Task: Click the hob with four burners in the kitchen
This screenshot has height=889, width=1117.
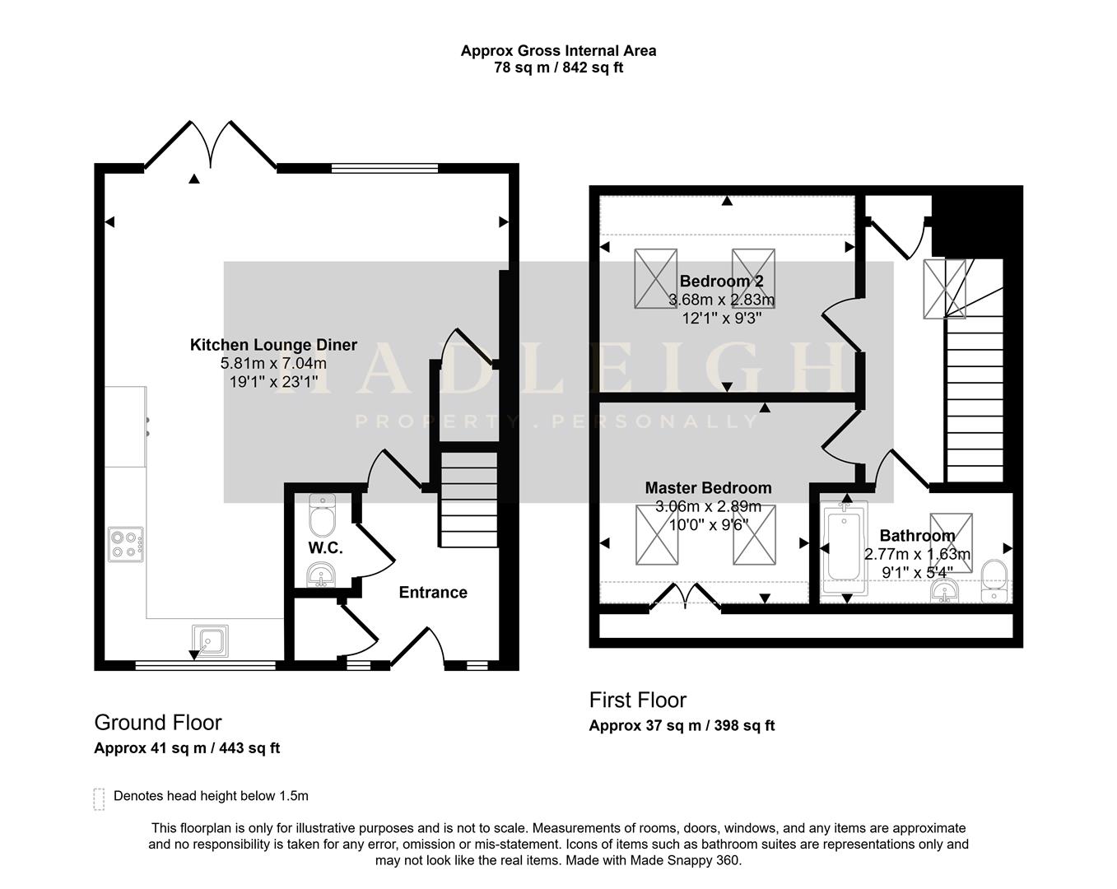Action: (125, 544)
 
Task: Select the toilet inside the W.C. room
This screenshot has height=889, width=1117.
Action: (321, 515)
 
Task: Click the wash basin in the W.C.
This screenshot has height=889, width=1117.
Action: (321, 575)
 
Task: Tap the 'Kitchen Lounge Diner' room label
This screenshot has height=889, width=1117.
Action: (273, 345)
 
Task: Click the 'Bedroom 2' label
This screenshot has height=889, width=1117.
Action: (721, 282)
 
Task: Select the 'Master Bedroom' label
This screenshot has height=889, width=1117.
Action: (708, 488)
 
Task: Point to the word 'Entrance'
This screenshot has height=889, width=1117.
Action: (433, 593)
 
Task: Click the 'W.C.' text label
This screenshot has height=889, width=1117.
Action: (325, 548)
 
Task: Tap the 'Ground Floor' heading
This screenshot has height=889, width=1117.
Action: (158, 723)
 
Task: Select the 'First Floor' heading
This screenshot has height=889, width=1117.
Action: (637, 700)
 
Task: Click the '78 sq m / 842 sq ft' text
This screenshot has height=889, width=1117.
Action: (558, 67)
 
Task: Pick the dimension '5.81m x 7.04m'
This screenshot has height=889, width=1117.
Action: (273, 363)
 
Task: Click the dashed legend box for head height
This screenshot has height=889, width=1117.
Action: (100, 798)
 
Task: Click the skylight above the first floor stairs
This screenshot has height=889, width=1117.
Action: (944, 288)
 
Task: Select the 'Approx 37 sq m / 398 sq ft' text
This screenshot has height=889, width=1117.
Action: (682, 725)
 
